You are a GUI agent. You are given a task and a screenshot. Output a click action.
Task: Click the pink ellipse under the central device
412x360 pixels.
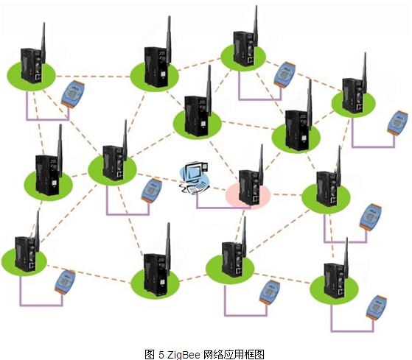click(x=248, y=195)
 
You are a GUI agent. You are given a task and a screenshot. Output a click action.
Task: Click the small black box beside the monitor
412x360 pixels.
click(x=204, y=167)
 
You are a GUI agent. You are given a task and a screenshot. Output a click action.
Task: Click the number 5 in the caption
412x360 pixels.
click(x=161, y=355)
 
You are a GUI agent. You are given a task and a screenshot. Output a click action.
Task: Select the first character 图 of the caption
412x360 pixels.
click(x=150, y=354)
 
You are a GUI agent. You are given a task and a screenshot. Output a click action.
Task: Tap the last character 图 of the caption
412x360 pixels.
click(x=259, y=354)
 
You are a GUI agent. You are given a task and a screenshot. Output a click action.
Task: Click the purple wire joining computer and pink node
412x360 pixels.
click(x=223, y=208)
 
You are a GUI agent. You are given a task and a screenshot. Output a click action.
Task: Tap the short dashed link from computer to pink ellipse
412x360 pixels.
click(x=217, y=188)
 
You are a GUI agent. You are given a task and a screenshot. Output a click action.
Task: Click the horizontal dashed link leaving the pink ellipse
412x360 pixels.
click(x=287, y=194)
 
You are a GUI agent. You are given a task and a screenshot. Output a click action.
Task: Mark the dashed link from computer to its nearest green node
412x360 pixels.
click(x=158, y=177)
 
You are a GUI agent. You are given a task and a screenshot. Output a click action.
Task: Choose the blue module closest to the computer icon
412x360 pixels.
click(x=152, y=191)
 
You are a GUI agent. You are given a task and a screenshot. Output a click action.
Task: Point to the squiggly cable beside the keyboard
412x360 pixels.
click(x=184, y=188)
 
